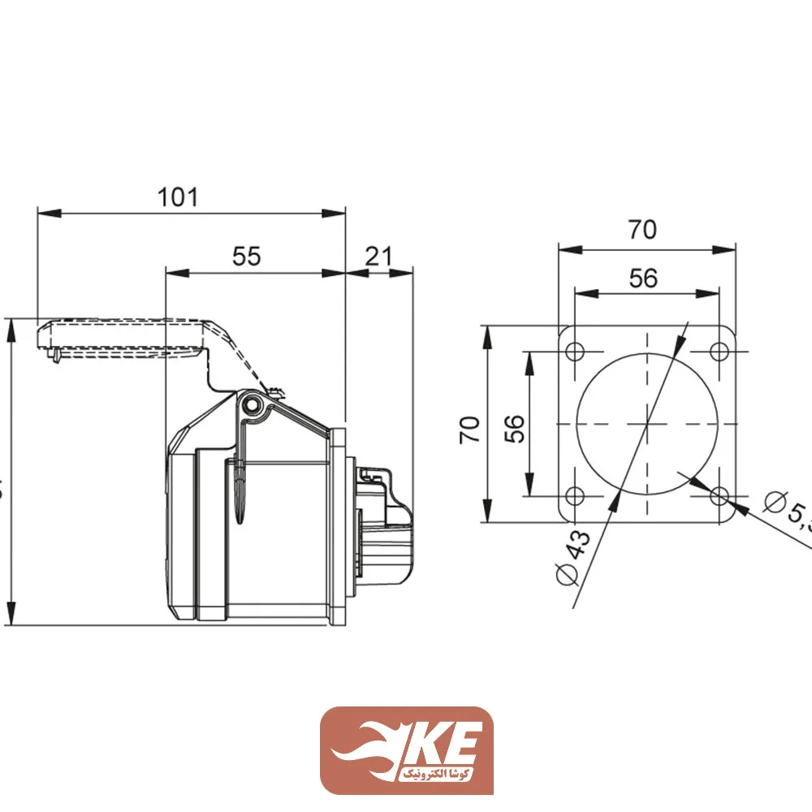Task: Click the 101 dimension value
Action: pyautogui.click(x=178, y=197)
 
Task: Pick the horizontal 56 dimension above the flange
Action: pyautogui.click(x=643, y=278)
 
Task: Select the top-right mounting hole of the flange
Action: pyautogui.click(x=719, y=352)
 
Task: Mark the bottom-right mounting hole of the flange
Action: pyautogui.click(x=719, y=495)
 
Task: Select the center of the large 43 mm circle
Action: pyautogui.click(x=647, y=424)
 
